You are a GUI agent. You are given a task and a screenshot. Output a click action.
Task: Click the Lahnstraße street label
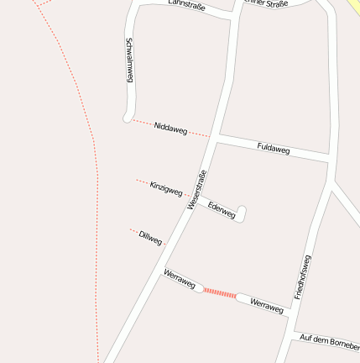186,6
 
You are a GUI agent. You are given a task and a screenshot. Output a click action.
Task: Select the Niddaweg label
170,128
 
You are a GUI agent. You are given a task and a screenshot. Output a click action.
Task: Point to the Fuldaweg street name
274,149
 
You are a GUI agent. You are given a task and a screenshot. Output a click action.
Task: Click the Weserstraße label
197,190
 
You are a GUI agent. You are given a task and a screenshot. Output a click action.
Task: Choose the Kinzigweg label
166,188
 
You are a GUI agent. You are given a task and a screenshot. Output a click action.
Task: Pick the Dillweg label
151,238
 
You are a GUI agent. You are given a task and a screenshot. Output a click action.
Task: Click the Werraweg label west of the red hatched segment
180,279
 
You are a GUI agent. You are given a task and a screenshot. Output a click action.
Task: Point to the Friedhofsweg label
303,277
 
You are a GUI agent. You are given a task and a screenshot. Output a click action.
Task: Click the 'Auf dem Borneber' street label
329,342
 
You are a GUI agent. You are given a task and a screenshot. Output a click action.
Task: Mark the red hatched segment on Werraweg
220,292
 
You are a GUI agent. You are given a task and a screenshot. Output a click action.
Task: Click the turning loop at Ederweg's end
242,213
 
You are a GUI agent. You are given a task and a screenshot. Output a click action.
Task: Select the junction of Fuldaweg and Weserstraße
216,137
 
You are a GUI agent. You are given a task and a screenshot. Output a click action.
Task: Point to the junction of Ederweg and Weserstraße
197,198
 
